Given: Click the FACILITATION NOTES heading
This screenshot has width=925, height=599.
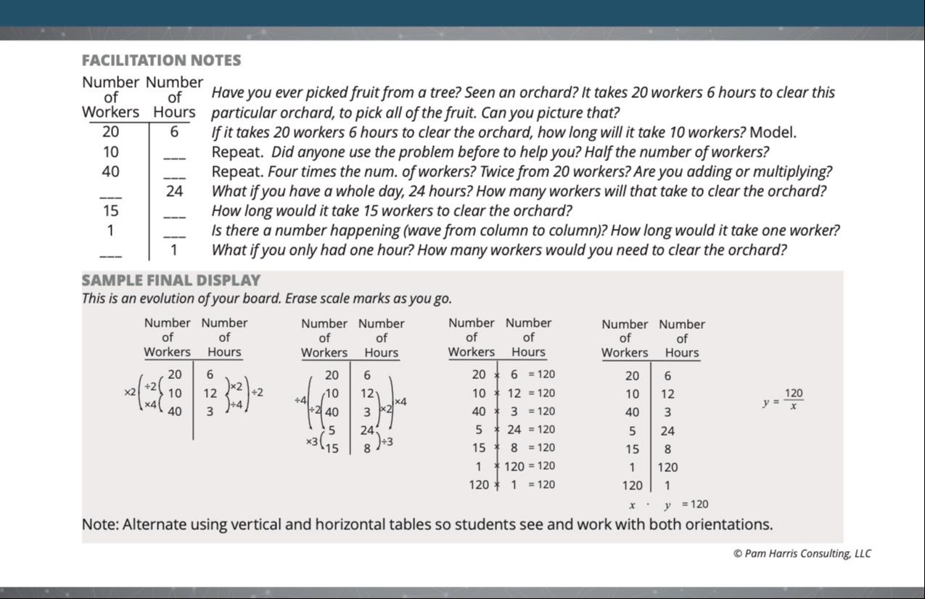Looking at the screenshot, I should point(161,61).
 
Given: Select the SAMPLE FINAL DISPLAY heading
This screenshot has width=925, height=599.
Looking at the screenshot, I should point(170,280).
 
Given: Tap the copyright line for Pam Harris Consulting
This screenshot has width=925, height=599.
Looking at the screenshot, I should point(802,554).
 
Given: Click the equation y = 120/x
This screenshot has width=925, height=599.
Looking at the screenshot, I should point(784,399).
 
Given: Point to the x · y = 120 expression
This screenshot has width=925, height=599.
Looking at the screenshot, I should point(668,505).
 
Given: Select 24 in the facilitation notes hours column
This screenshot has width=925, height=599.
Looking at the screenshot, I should point(174,192).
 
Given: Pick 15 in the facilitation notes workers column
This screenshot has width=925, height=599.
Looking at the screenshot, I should point(110,211).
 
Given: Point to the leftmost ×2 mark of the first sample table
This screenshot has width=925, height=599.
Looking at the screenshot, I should point(129,392).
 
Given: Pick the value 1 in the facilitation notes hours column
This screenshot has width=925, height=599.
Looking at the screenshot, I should point(174,250).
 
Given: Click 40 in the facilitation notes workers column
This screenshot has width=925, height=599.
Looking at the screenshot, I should point(110,172).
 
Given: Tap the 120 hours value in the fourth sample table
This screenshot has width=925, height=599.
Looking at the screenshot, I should point(667,468).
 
